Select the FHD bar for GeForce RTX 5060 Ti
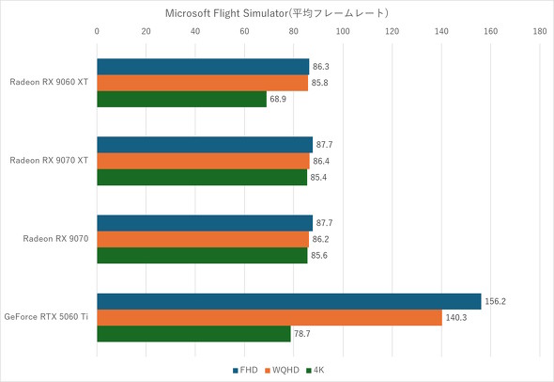(x=288, y=301)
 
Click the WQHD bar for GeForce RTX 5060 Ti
(x=269, y=318)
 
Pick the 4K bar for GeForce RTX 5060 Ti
(x=193, y=334)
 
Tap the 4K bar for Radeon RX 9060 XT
(x=181, y=99)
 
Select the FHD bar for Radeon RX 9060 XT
(x=203, y=67)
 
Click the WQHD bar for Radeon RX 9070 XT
(x=203, y=161)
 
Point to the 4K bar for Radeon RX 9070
(x=202, y=256)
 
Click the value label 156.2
(x=495, y=302)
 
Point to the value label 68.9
(x=280, y=99)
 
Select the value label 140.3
(x=455, y=318)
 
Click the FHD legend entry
(x=247, y=371)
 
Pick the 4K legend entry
(x=318, y=371)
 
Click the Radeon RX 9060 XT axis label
(x=49, y=83)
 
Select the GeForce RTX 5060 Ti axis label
(x=46, y=317)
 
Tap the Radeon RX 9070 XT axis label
(x=49, y=161)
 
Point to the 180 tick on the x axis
(x=539, y=31)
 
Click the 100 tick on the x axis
(x=342, y=31)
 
